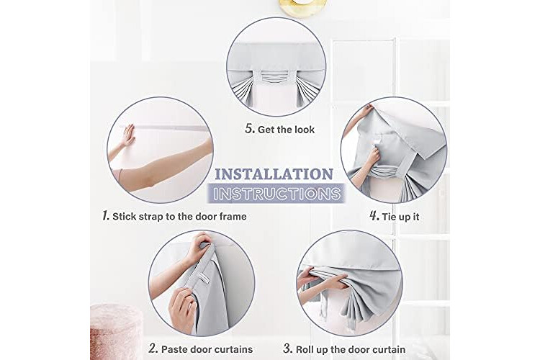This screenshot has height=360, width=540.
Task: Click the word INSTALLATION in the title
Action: click(274, 174)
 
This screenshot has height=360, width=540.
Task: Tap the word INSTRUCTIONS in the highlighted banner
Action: click(276, 194)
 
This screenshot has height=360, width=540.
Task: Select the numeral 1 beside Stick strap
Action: click(106, 216)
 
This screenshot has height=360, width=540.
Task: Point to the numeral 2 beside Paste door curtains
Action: click(153, 348)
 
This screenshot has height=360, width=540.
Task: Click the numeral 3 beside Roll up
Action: click(288, 348)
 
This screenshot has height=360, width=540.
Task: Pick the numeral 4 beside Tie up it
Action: click(374, 216)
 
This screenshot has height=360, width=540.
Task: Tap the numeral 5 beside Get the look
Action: click(250, 129)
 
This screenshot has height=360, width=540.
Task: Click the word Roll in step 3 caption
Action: click(305, 349)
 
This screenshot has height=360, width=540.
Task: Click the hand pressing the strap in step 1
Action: click(128, 135)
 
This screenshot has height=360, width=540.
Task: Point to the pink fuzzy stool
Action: click(116, 331)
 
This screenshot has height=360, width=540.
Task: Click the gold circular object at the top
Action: click(303, 8)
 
